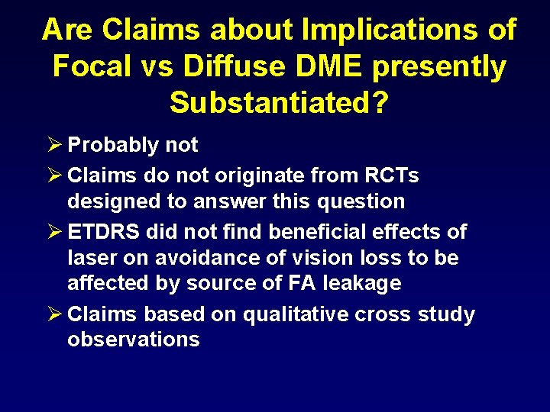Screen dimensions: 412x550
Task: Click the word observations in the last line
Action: click(134, 340)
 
